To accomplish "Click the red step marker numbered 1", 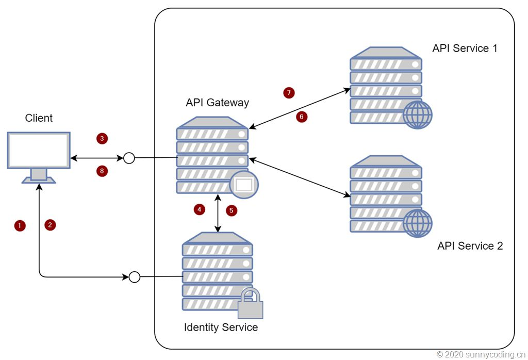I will tap(20, 225).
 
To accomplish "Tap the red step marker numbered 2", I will tap(50, 225).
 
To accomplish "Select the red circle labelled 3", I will tap(102, 138).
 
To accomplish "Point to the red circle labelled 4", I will tap(199, 209).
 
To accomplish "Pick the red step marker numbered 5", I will tap(232, 210).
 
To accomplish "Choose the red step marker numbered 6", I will tap(302, 117).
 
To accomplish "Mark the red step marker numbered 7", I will tap(288, 93).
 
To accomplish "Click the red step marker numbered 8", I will tap(102, 171).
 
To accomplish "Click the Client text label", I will tap(39, 118).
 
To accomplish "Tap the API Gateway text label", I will tap(217, 103).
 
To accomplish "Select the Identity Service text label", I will tap(221, 328).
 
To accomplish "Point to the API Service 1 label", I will tap(465, 48).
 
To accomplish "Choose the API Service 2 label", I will tap(470, 246).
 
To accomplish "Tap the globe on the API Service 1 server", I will tap(418, 115).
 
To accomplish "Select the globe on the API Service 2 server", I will tap(418, 223).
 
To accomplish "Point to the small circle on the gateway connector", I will tap(129, 158).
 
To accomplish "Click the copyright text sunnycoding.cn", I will tap(481, 354).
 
